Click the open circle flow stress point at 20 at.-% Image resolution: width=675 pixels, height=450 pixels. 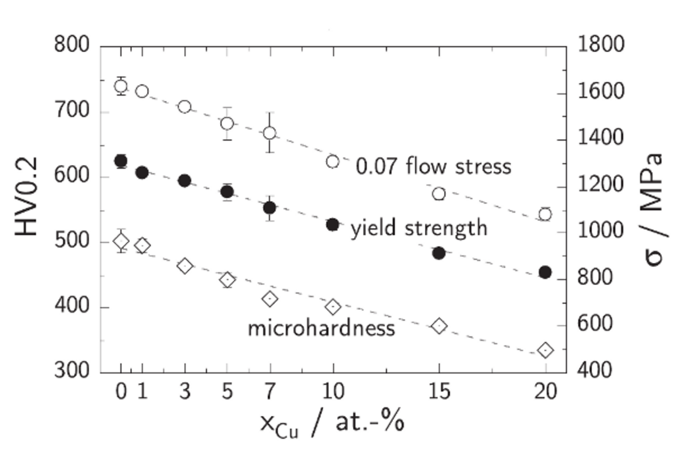(x=545, y=214)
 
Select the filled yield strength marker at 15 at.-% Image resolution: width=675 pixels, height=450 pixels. (x=439, y=253)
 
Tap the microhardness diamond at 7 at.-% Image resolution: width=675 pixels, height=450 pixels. (x=270, y=299)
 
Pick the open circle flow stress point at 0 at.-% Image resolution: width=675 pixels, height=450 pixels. (x=121, y=86)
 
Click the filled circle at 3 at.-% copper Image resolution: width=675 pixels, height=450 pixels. (x=185, y=181)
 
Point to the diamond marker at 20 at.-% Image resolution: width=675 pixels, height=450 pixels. (x=545, y=350)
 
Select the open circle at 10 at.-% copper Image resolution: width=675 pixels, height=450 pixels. (x=333, y=161)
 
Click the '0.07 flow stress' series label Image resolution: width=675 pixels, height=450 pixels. (x=433, y=167)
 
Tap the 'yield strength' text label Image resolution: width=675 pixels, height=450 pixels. (x=419, y=228)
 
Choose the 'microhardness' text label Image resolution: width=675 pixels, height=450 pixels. (x=321, y=328)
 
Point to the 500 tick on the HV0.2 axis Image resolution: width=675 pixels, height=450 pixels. (x=72, y=242)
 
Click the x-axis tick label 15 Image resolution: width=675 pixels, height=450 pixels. (x=439, y=393)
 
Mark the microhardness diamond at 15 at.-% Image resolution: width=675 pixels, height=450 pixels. (x=439, y=326)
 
